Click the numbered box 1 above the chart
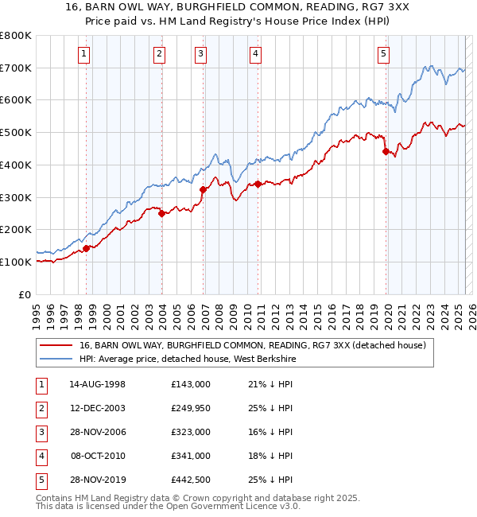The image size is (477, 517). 84,54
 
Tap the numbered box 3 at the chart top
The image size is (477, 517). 200,54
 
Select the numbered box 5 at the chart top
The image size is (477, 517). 383,54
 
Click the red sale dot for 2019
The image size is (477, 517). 386,151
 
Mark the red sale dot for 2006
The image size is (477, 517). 203,189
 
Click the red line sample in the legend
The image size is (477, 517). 56,345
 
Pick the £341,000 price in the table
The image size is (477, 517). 190,456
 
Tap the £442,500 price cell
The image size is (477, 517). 190,480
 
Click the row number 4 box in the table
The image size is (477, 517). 41,456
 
